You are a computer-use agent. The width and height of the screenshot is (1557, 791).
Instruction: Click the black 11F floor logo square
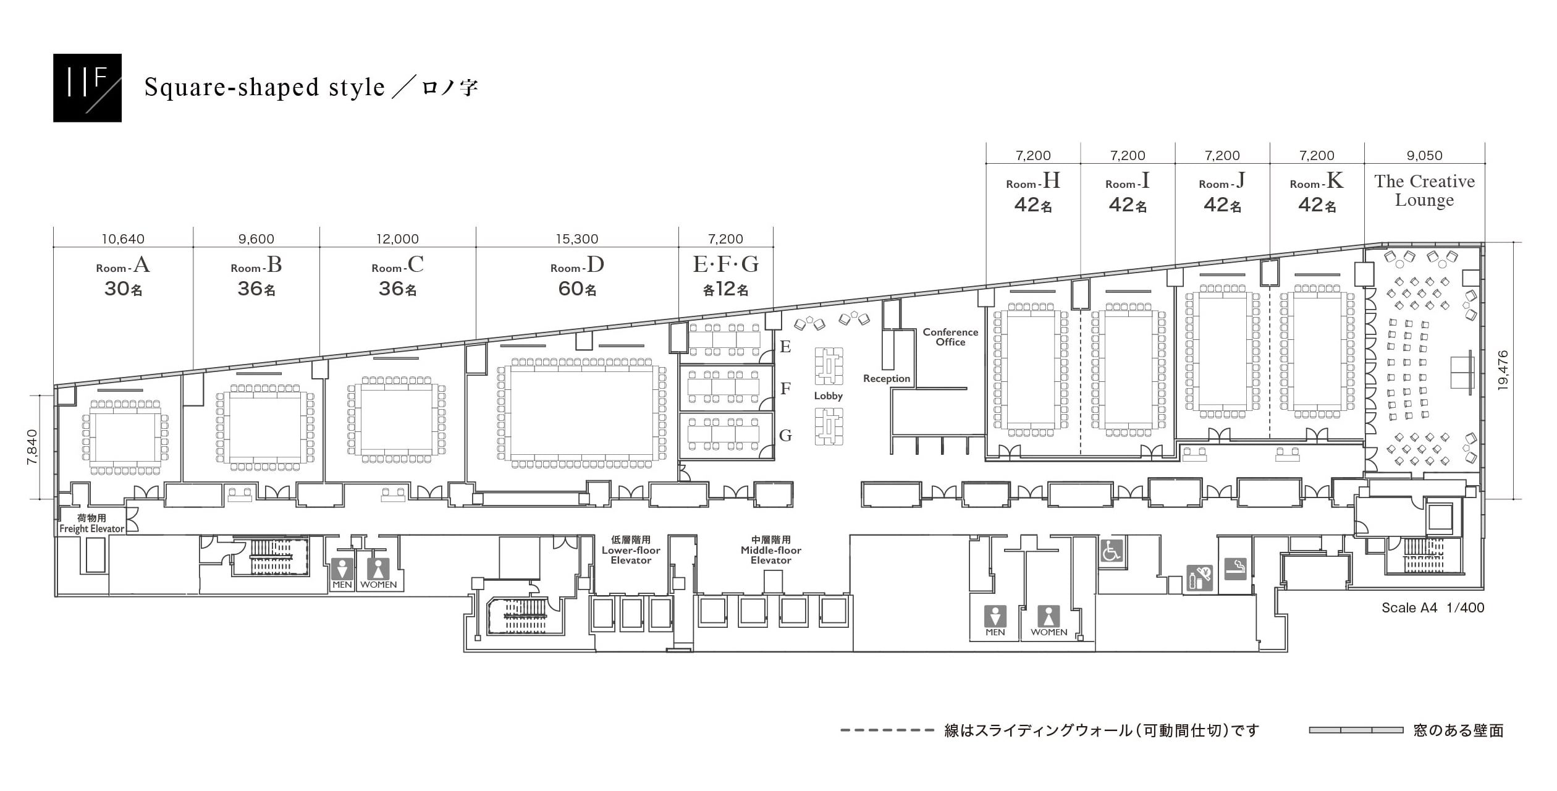(87, 88)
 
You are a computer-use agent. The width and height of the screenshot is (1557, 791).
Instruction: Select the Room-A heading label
(123, 265)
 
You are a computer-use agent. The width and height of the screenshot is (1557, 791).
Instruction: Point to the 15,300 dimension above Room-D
(577, 239)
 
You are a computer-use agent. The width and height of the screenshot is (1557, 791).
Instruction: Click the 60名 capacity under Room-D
(577, 289)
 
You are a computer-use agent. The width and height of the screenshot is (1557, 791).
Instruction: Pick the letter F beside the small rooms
(785, 389)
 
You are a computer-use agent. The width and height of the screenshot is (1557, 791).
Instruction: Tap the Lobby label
(828, 396)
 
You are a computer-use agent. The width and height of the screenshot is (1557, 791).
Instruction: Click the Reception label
(887, 379)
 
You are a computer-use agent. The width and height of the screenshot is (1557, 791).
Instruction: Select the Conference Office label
(950, 337)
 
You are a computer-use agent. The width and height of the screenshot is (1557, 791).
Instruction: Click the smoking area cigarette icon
(1235, 569)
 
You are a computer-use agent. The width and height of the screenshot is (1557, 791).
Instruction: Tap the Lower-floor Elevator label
(631, 550)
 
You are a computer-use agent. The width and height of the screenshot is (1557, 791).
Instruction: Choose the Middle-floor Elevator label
(771, 550)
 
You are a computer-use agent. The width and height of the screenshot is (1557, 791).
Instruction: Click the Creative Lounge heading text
(1424, 191)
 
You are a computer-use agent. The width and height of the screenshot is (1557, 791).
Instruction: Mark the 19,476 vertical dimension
(1503, 370)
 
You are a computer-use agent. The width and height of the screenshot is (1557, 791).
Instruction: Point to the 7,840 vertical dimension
(32, 447)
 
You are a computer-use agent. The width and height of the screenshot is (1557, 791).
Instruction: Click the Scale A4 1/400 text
(1433, 607)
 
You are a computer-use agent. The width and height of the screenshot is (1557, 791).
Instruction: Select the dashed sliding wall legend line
(887, 730)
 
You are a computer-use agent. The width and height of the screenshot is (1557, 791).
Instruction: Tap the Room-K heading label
(1317, 181)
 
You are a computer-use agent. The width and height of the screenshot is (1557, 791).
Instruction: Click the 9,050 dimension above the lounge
(1425, 156)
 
